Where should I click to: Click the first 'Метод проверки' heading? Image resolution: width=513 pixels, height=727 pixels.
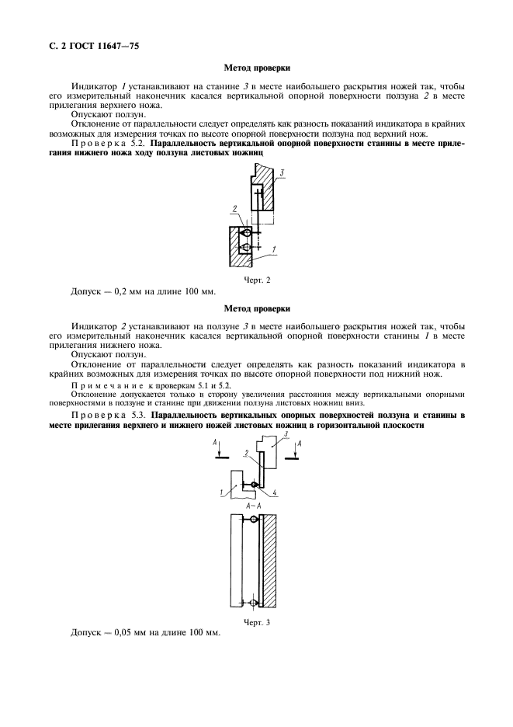[256, 69]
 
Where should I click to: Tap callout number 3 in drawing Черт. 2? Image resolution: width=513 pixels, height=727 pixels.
[285, 172]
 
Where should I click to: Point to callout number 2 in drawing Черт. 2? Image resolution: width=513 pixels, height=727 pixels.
[232, 208]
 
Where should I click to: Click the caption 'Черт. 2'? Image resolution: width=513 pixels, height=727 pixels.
[256, 280]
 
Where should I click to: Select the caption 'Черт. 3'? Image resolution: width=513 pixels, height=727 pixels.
[256, 621]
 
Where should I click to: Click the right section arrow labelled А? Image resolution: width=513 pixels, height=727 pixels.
[297, 450]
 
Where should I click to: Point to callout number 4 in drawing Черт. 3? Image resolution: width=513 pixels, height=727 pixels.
[275, 492]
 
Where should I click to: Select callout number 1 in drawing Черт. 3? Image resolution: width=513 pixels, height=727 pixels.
[221, 492]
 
